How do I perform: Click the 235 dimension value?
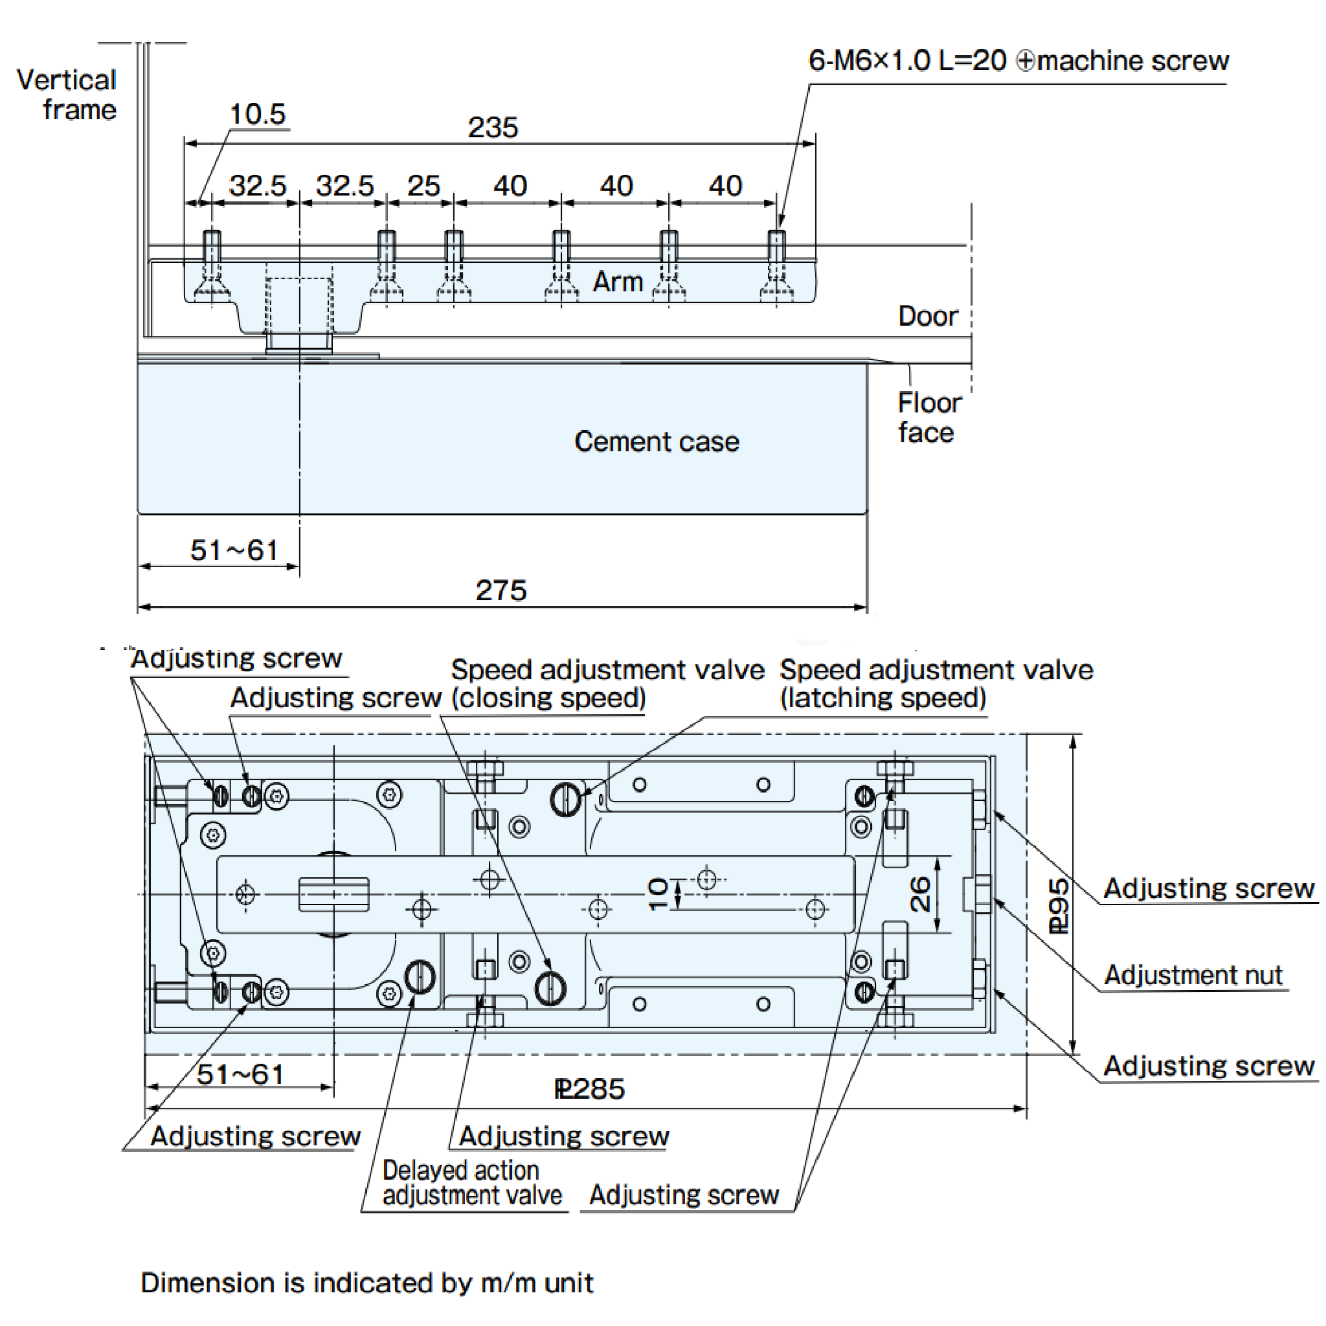492,128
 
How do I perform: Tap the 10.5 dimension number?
258,114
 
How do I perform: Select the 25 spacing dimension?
423,186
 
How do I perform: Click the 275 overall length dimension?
501,590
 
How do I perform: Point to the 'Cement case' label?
656,442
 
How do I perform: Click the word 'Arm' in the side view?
618,282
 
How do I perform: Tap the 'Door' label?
928,316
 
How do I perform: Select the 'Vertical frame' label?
67,95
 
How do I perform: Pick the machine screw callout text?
1018,61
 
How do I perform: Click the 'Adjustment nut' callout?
1193,974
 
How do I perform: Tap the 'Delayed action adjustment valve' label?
471,1182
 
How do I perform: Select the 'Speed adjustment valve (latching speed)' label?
936,684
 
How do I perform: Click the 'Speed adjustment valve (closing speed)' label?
607,684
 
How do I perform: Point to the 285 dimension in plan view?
590,1089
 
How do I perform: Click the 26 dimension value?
919,894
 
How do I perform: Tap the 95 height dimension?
1059,905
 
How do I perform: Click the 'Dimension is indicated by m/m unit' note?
366,1283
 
